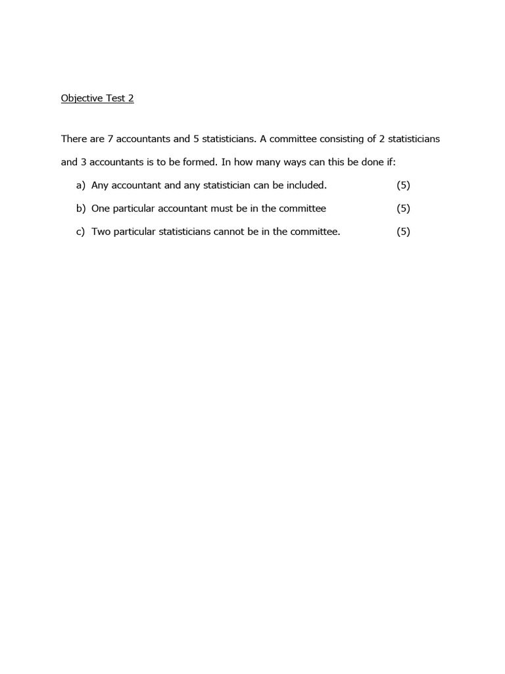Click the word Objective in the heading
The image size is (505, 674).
coord(82,99)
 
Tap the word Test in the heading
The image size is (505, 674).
coord(116,99)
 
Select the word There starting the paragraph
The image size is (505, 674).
coord(73,139)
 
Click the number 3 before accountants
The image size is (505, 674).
coord(84,162)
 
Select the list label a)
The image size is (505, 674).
coord(81,186)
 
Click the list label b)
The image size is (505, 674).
coord(81,209)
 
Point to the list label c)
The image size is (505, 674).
coord(81,232)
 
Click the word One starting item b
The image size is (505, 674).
coord(101,209)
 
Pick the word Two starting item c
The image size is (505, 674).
coord(101,232)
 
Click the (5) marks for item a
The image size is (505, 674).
coord(403,186)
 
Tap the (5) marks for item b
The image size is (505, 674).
coord(403,209)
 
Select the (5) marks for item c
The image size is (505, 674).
coord(403,232)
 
